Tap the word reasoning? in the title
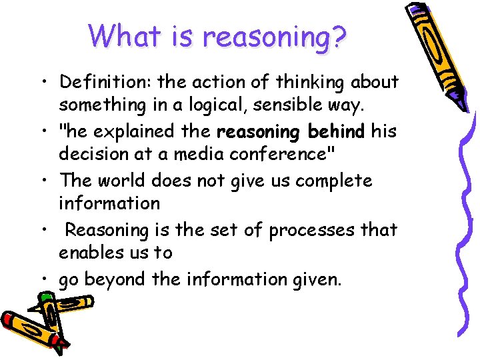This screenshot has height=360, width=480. click(275, 37)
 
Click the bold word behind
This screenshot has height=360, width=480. click(336, 131)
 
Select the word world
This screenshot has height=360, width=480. click(121, 181)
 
